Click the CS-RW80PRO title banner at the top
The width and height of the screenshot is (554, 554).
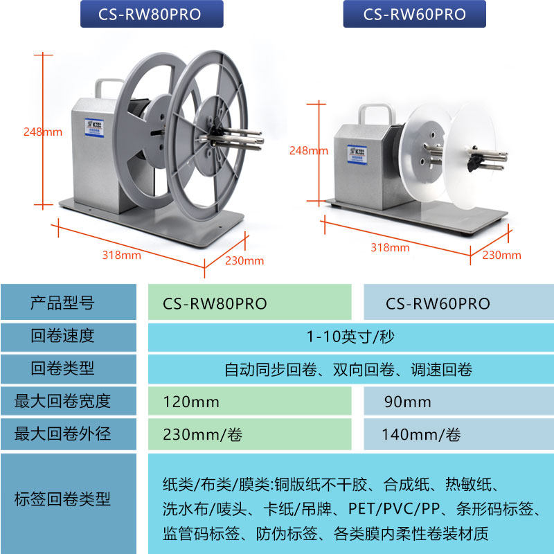(x=152, y=15)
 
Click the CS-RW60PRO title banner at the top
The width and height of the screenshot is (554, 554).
(x=414, y=15)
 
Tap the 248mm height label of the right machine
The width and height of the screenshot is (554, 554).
(x=308, y=150)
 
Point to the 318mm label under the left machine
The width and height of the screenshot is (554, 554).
(x=121, y=255)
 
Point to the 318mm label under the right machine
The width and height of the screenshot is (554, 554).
(x=390, y=247)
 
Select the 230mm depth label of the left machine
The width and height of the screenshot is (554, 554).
(x=244, y=260)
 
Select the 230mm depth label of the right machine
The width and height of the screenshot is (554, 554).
(x=501, y=255)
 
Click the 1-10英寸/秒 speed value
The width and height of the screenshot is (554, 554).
(x=350, y=337)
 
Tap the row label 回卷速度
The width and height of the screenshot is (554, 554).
(x=62, y=337)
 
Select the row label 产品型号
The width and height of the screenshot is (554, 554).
(x=62, y=303)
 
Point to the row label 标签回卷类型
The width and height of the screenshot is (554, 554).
(x=62, y=499)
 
